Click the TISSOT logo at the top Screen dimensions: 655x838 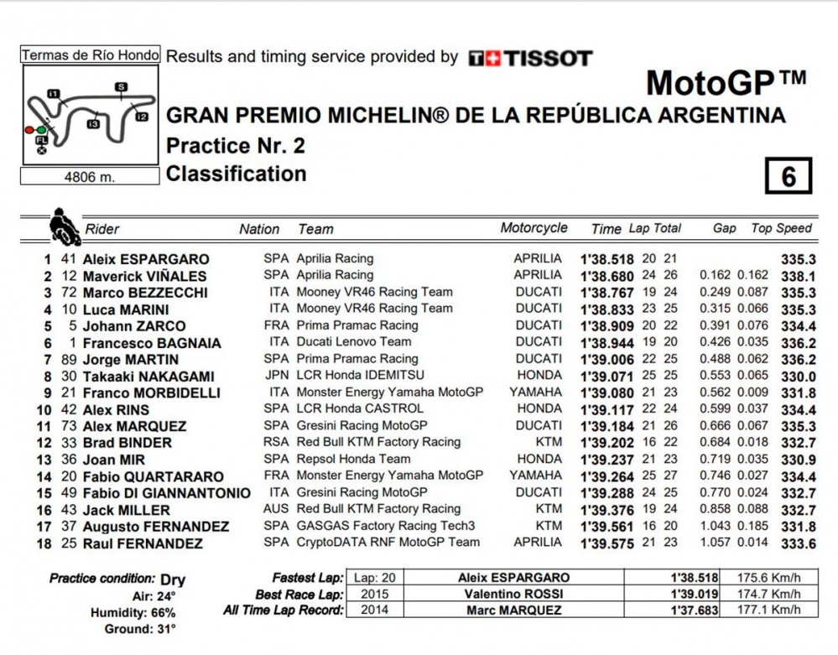click(x=530, y=59)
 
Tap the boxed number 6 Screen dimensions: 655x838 click(x=788, y=177)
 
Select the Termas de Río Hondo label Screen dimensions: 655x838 click(x=90, y=55)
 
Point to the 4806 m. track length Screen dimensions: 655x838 click(x=90, y=177)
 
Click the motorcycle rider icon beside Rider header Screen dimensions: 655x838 click(x=62, y=224)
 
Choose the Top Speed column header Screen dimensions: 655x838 click(x=782, y=228)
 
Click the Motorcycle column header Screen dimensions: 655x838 click(x=534, y=228)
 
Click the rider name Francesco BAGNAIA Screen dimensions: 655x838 click(x=152, y=342)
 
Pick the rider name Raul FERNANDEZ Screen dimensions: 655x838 click(x=143, y=543)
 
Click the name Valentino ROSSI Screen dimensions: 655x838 click(x=513, y=594)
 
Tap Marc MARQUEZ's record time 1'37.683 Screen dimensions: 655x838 click(x=695, y=611)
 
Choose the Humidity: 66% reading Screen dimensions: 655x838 click(x=133, y=613)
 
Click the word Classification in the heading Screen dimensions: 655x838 click(x=237, y=174)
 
